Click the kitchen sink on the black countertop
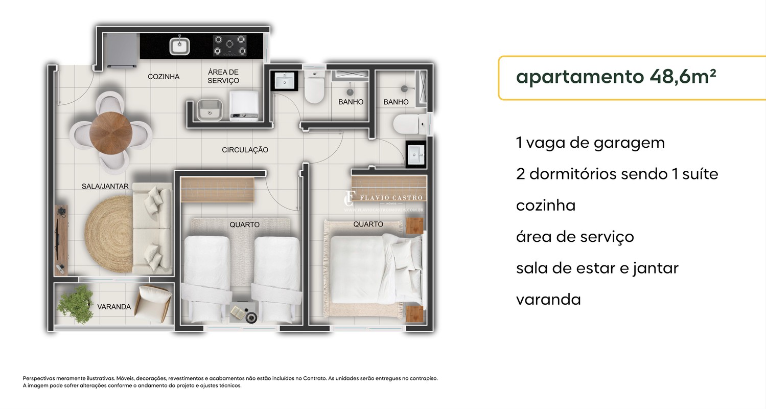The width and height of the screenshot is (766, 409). (179, 46)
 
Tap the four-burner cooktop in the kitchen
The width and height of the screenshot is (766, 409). (230, 46)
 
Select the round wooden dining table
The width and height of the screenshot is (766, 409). (111, 133)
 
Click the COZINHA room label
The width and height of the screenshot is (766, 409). (164, 77)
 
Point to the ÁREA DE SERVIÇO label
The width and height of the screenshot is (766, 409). (223, 76)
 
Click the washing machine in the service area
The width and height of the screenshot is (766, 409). (244, 106)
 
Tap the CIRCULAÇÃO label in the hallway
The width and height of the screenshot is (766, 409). (245, 150)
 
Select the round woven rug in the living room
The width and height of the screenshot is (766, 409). (109, 235)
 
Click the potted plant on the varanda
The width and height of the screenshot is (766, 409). (76, 304)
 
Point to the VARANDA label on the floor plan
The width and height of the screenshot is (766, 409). (114, 307)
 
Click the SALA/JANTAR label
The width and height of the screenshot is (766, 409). (105, 187)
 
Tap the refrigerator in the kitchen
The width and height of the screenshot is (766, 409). (122, 50)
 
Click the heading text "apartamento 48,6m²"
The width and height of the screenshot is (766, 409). (616, 76)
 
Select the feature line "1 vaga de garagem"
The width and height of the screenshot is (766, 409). (590, 143)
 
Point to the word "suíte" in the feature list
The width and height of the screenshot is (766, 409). (700, 174)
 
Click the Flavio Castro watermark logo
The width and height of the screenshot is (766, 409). (384, 201)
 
